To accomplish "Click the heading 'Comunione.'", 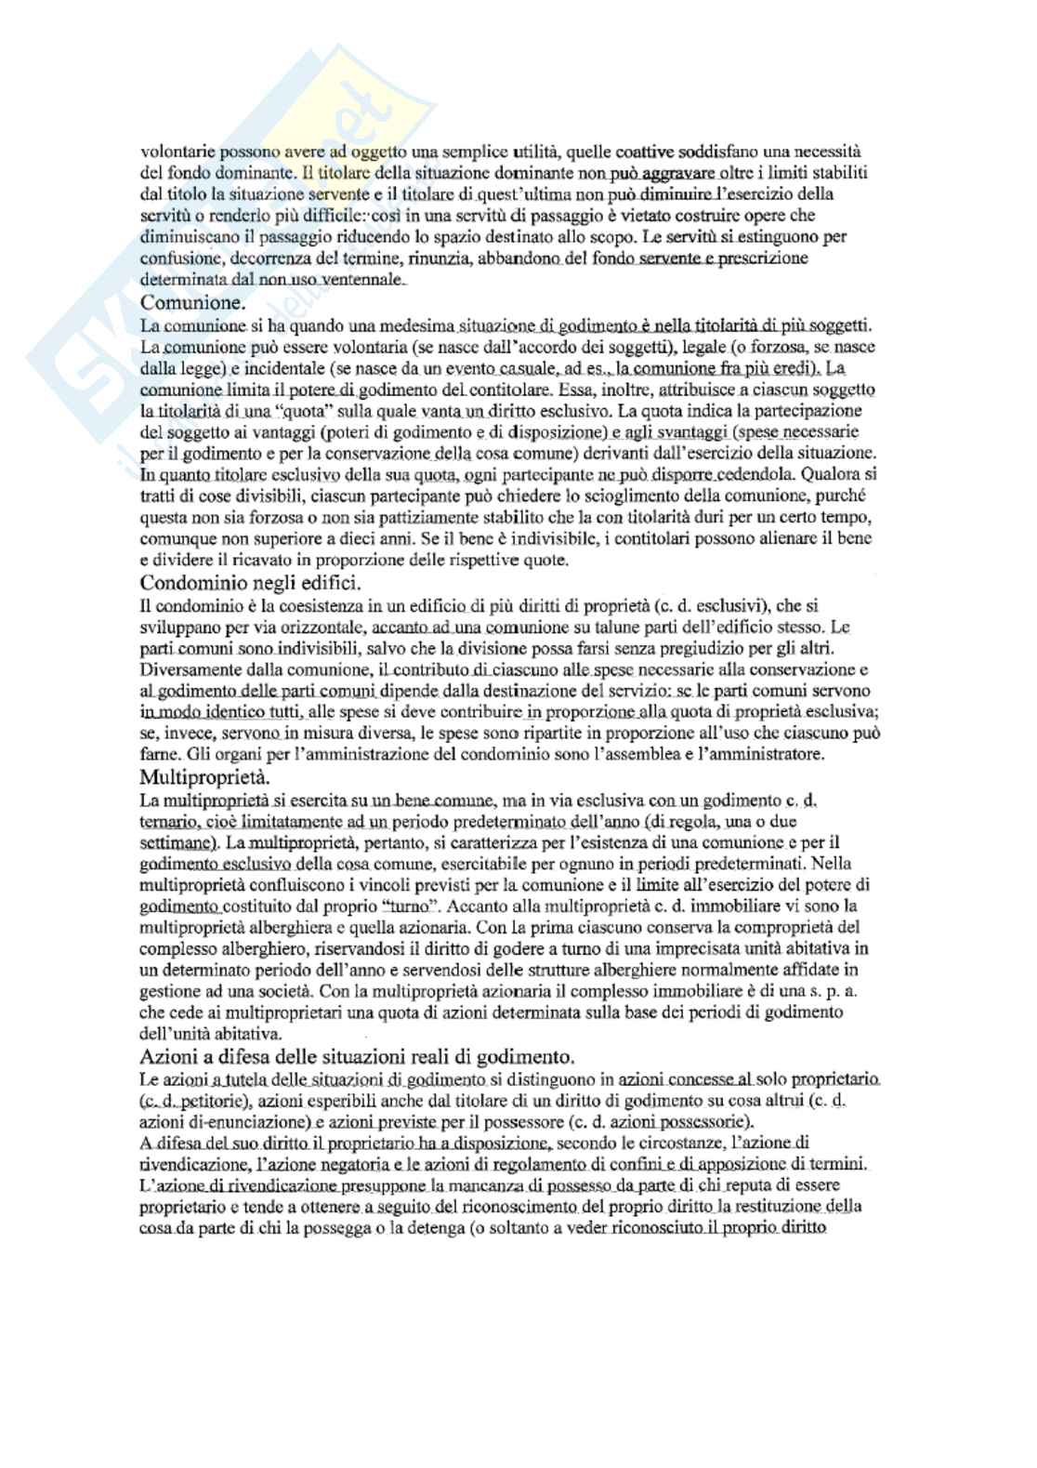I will (192, 302).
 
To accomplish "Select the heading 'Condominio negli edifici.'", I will (249, 583).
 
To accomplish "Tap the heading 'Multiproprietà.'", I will (203, 775).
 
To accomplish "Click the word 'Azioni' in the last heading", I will (164, 1056).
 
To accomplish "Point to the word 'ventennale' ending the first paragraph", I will (367, 279).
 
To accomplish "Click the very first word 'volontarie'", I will (172, 152).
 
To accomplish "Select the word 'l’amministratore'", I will (766, 755).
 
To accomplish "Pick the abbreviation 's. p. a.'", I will (832, 991).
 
